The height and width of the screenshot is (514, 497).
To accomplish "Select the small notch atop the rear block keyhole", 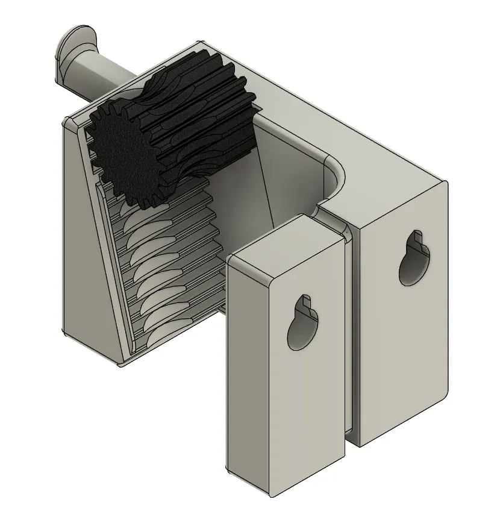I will (x=416, y=238).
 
